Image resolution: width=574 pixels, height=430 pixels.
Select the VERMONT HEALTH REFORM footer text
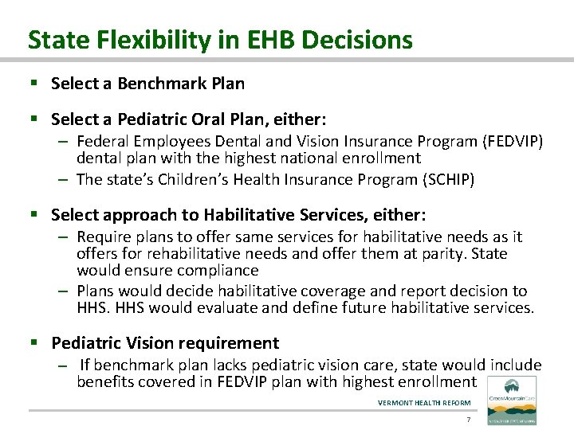coord(424,403)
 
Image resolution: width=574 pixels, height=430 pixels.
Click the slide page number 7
coord(469,420)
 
